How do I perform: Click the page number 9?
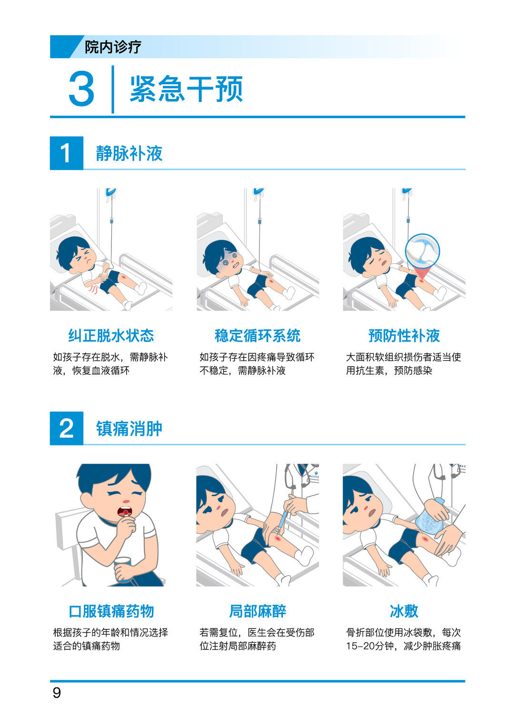pos(57,692)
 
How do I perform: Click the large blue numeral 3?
pos(81,89)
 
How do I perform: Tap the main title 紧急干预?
pos(186,89)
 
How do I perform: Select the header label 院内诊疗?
pos(113,47)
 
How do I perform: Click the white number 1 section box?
pos(67,153)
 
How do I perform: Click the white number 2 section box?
pos(67,428)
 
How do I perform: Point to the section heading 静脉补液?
pos(129,153)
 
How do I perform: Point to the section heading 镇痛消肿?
pos(129,428)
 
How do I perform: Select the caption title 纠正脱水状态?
pos(111,335)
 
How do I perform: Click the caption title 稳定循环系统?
pos(257,335)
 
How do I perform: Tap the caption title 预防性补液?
pos(404,335)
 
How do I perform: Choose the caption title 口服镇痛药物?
pos(111,611)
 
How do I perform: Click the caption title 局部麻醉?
pos(257,611)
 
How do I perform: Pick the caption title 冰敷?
pos(404,611)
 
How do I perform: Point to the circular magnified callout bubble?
pos(423,251)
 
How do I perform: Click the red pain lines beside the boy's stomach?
pos(93,289)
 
